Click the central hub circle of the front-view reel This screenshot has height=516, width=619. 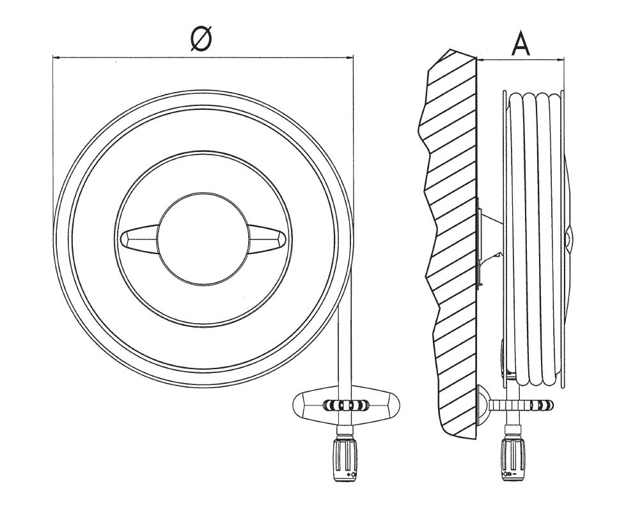203,238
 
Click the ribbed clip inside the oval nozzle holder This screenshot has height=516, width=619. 346,406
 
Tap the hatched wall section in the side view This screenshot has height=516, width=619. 451,243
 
